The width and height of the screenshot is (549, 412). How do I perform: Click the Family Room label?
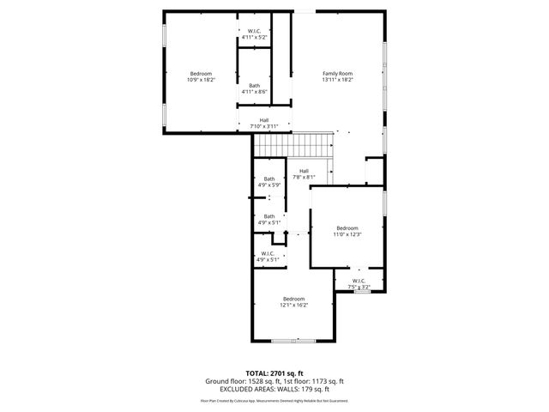[337, 74]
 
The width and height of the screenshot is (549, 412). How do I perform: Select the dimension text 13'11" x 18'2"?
[337, 80]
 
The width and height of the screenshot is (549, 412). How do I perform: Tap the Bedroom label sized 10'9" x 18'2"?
[201, 74]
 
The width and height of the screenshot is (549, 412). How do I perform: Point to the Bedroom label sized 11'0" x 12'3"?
[347, 227]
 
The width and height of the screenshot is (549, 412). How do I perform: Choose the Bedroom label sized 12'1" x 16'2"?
[293, 299]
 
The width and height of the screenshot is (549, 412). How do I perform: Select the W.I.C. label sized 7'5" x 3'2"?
[358, 280]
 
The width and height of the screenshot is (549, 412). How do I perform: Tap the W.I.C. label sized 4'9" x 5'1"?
[269, 253]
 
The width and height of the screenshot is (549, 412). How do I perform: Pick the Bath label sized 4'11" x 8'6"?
[255, 85]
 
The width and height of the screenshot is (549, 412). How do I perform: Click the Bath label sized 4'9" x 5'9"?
[269, 179]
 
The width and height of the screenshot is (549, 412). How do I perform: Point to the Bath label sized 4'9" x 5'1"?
[269, 216]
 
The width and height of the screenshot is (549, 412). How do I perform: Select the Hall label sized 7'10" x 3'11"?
[264, 120]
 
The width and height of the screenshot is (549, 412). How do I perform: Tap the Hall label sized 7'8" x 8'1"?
[304, 171]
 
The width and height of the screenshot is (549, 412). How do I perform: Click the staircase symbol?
[293, 146]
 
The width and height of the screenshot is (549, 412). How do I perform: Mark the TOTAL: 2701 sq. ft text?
[274, 373]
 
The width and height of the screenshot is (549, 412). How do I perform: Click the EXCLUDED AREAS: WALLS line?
[274, 388]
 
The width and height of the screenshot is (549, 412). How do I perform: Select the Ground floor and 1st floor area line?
[274, 380]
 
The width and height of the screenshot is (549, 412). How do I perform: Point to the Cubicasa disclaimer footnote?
[274, 400]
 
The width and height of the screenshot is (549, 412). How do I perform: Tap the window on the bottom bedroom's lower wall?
[293, 341]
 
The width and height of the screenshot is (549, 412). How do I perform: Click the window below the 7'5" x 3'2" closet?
[362, 292]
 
